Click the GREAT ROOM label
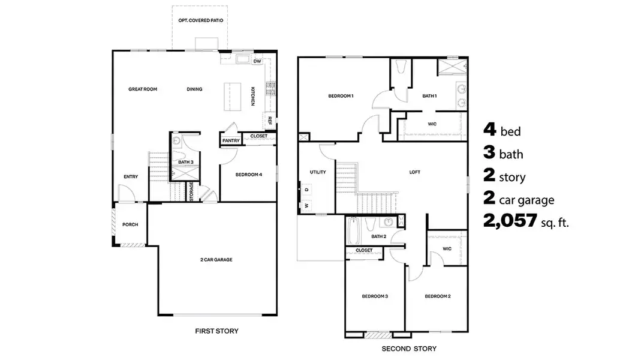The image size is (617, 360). point(143,89)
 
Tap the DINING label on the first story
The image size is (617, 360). point(194,89)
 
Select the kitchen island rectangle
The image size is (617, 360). point(231,96)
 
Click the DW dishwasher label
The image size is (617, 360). point(257,61)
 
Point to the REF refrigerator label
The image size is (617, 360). point(270,120)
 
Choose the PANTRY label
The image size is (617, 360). point(231,141)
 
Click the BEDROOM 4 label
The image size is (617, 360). point(249,175)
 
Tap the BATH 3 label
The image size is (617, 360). point(185,162)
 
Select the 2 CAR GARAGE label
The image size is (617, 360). point(216,260)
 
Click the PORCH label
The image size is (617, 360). point(130,225)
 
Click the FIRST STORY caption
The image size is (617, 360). point(216,331)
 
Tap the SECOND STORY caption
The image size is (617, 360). point(409,349)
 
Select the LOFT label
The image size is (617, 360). point(415,172)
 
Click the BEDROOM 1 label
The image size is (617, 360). point(341,96)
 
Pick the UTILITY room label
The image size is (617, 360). point(318,172)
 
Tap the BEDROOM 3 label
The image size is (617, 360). point(375,296)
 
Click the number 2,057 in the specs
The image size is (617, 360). point(510,222)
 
